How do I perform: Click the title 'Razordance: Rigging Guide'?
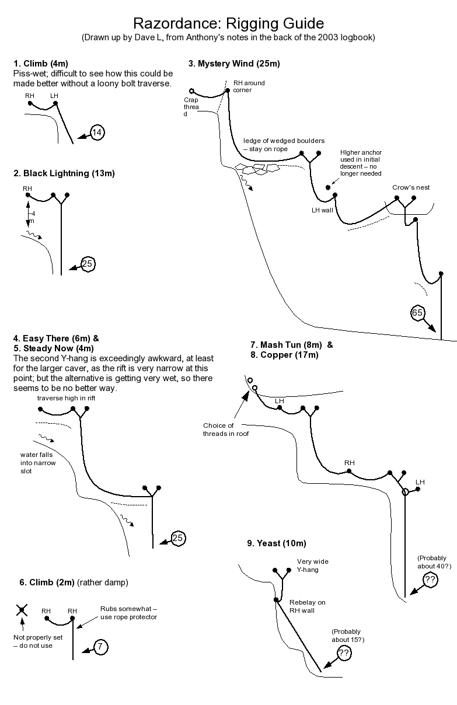[x=228, y=23]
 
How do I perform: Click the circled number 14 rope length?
[x=97, y=133]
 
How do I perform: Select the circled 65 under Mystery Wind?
[x=417, y=313]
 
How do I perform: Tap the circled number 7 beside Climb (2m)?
[x=100, y=647]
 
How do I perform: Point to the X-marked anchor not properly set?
[x=22, y=610]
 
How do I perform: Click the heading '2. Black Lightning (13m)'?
[x=64, y=173]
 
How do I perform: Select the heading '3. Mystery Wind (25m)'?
[x=234, y=64]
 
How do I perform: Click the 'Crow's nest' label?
[x=411, y=187]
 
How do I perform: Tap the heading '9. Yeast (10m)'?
[x=276, y=543]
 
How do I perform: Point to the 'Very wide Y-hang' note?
[x=312, y=566]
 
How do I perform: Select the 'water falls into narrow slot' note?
[x=38, y=462]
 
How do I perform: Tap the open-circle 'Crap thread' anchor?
[x=191, y=90]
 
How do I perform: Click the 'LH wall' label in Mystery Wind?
[x=322, y=210]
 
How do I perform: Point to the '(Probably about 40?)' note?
[x=434, y=562]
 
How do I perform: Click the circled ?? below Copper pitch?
[x=430, y=580]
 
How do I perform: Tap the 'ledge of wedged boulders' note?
[x=284, y=145]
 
